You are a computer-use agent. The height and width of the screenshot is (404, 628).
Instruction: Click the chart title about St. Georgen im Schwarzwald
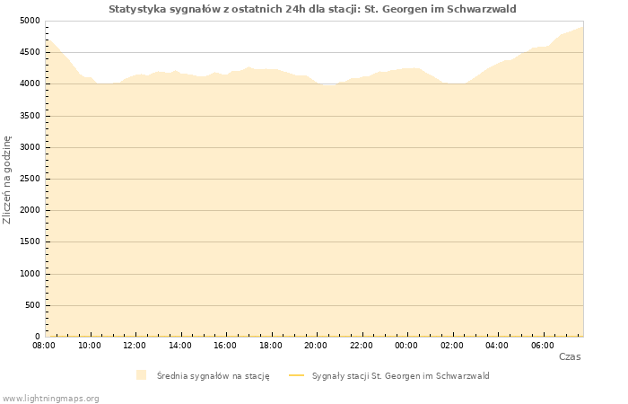pos(312,9)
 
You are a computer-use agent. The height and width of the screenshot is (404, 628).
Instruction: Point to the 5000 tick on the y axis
pos(30,21)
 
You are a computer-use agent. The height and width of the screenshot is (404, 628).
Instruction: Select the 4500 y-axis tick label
pos(30,52)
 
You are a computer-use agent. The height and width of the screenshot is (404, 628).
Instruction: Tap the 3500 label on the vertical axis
pos(30,116)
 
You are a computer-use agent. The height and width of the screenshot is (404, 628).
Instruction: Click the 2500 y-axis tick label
pos(30,179)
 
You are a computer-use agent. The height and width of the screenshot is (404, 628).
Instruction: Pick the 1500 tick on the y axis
pos(30,242)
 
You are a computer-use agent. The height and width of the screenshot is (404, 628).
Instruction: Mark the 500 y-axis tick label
pos(32,305)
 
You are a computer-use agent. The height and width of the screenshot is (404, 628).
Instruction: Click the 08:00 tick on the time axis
pos(44,345)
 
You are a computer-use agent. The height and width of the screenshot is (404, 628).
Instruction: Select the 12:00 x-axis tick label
pos(135,345)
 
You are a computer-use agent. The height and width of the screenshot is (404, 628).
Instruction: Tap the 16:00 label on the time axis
pos(225,345)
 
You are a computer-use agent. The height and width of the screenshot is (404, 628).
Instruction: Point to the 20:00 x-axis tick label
pos(316,345)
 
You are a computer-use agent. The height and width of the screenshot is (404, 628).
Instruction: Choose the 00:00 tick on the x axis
pos(406,345)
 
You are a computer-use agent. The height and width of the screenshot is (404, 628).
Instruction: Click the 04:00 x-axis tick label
pos(497,345)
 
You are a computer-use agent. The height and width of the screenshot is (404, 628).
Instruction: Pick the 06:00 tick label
pos(542,345)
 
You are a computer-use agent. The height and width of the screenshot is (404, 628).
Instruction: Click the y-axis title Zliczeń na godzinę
pos(7,179)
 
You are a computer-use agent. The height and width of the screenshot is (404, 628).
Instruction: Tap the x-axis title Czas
pos(569,356)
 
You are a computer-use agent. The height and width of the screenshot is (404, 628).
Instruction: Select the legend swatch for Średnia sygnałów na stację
pos(141,375)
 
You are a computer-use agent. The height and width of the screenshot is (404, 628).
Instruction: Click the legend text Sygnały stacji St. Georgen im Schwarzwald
pos(400,375)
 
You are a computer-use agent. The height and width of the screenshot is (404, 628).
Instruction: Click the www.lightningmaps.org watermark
pos(50,398)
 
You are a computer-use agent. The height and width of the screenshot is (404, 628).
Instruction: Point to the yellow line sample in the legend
pos(297,375)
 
